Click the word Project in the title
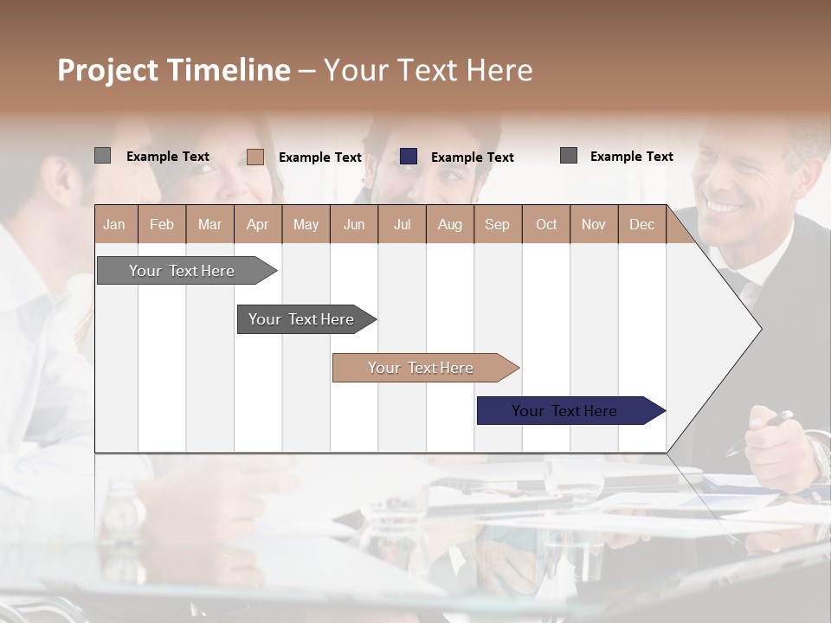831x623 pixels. click(x=106, y=71)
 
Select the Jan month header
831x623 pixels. click(x=114, y=225)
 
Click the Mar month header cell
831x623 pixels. click(x=209, y=225)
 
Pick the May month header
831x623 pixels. click(x=306, y=225)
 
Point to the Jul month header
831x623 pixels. click(x=402, y=225)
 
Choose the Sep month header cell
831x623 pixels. click(x=497, y=225)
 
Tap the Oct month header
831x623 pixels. click(x=546, y=225)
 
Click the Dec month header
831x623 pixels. click(x=641, y=225)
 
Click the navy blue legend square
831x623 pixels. click(x=409, y=157)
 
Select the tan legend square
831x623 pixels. click(x=255, y=157)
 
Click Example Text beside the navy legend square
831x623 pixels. click(x=472, y=157)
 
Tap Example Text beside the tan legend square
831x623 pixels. click(x=319, y=157)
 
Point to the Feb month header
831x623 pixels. click(x=162, y=225)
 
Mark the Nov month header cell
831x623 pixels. click(x=593, y=225)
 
